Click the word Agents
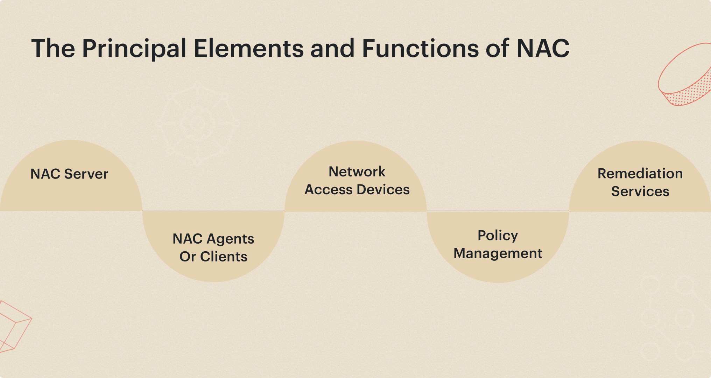tap(230, 239)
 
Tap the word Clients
tap(224, 257)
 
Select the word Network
tap(357, 172)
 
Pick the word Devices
tap(383, 190)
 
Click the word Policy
tap(498, 236)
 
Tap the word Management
tap(498, 253)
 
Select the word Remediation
tap(640, 174)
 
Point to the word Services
tap(640, 191)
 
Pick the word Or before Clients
tap(188, 257)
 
